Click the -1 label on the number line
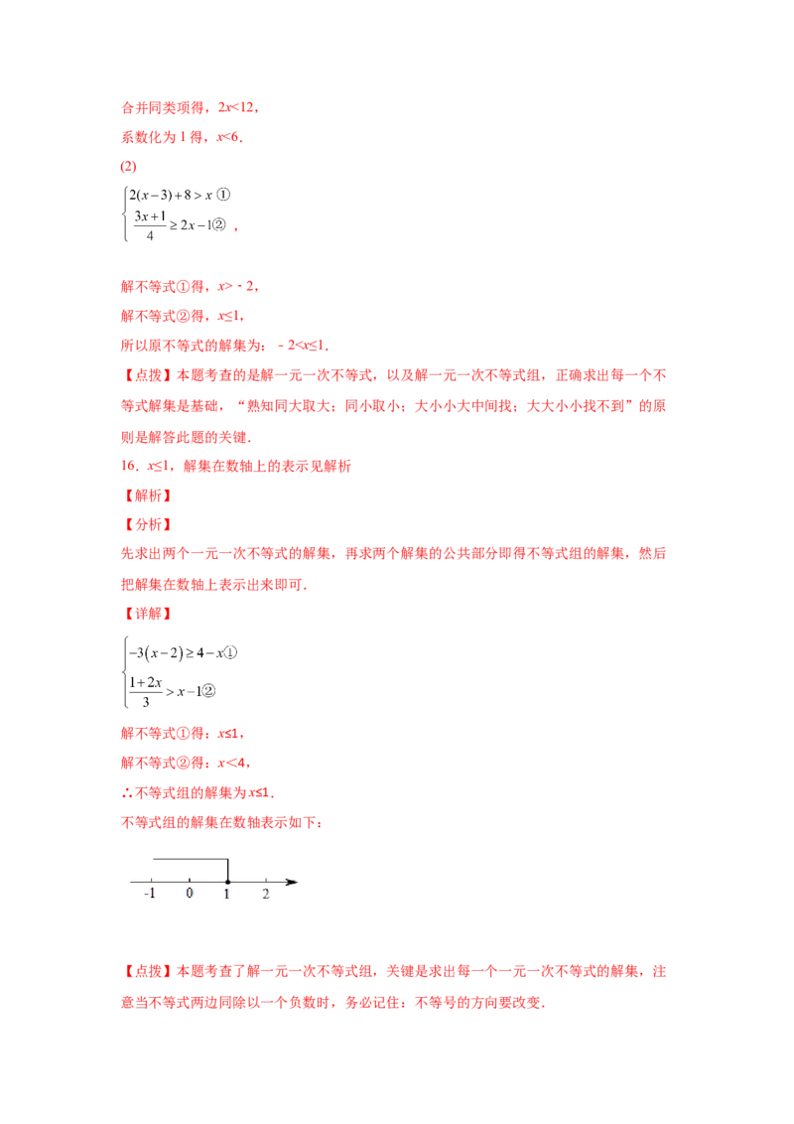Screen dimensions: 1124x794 pyautogui.click(x=150, y=894)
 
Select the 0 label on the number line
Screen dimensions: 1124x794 pyautogui.click(x=190, y=894)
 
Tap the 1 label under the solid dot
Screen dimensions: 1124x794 pyautogui.click(x=227, y=894)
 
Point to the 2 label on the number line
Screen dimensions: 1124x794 pyautogui.click(x=265, y=894)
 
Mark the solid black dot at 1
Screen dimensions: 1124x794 pyautogui.click(x=227, y=882)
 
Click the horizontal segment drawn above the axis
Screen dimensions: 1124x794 pyautogui.click(x=190, y=859)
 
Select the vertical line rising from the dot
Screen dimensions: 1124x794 pyautogui.click(x=227, y=869)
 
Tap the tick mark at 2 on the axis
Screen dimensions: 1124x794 pyautogui.click(x=265, y=881)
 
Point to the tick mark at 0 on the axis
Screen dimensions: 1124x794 pyautogui.click(x=190, y=881)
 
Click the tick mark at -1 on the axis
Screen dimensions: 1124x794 pyautogui.click(x=152, y=881)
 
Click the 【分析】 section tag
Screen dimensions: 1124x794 pyautogui.click(x=146, y=524)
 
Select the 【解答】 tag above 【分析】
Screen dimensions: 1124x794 pyautogui.click(x=146, y=494)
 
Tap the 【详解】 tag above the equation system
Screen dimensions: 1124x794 pyautogui.click(x=146, y=615)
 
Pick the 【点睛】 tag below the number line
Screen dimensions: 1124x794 pyautogui.click(x=146, y=970)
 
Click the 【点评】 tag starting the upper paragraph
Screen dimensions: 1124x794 pyautogui.click(x=146, y=375)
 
